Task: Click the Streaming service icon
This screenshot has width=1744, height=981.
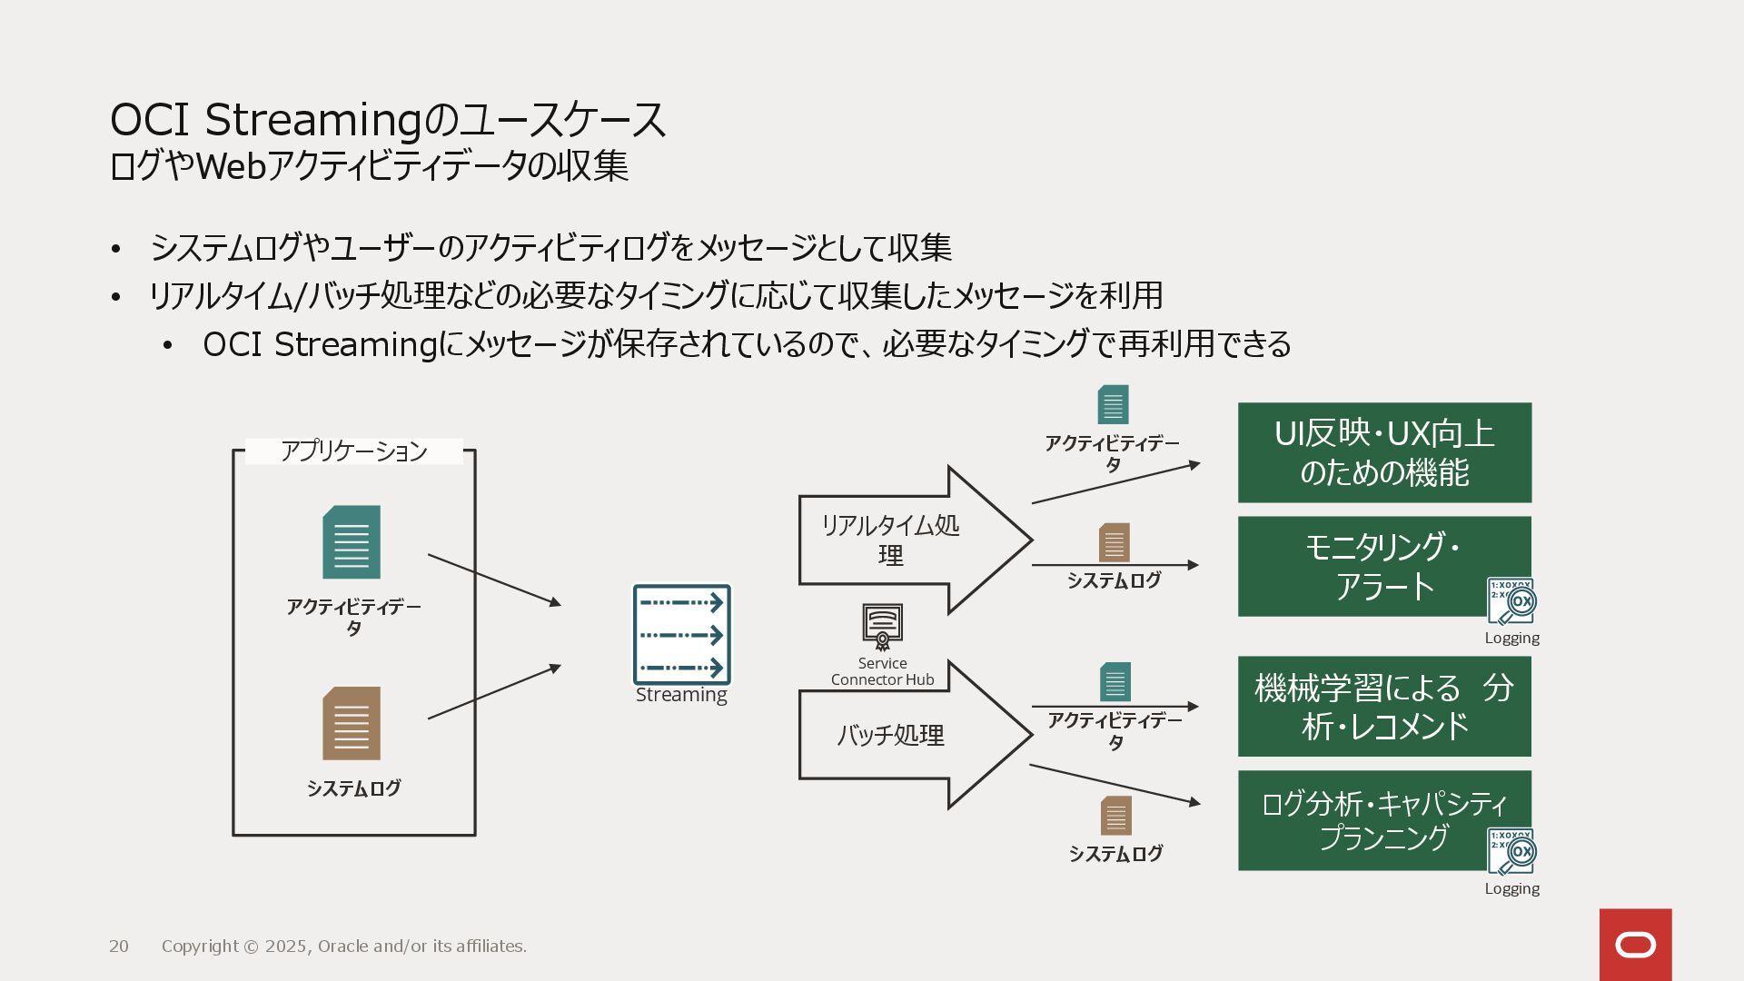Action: click(681, 634)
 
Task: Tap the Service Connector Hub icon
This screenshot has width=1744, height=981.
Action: click(882, 626)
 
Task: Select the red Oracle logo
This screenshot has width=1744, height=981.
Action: click(1635, 945)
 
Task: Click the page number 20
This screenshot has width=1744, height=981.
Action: click(119, 946)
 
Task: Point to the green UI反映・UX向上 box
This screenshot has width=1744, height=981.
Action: click(1383, 452)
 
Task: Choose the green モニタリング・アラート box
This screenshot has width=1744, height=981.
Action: click(1383, 566)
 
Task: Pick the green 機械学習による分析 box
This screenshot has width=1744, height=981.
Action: click(1383, 707)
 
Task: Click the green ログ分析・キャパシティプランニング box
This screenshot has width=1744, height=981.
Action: click(1383, 820)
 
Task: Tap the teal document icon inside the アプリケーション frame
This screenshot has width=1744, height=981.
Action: click(352, 542)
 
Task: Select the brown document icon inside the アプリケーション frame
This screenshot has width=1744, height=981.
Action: click(352, 723)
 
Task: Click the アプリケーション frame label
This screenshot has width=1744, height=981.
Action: click(353, 451)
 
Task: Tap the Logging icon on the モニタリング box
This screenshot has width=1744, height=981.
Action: click(1511, 601)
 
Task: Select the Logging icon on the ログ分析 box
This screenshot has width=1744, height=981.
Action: click(1511, 851)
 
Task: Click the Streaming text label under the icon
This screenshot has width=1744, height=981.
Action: click(681, 695)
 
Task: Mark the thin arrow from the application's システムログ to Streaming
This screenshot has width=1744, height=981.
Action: click(494, 692)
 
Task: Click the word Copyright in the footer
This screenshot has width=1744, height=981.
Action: click(200, 946)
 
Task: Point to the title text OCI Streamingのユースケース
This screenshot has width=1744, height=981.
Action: click(388, 120)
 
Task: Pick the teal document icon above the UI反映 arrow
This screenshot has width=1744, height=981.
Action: click(1113, 405)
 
